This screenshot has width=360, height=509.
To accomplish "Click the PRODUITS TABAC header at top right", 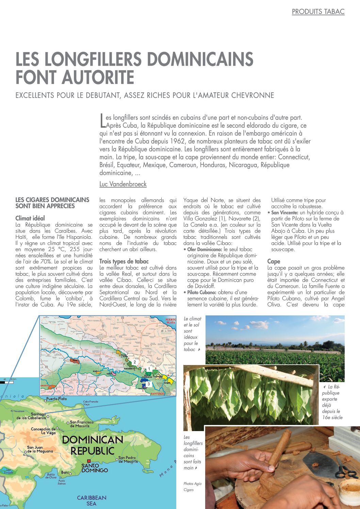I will pos(318,12).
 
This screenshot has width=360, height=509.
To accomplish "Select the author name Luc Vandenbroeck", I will pos(123,184).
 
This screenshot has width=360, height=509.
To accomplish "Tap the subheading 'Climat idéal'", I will pos(30,218).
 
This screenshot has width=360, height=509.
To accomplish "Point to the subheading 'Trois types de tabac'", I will pos(124,261).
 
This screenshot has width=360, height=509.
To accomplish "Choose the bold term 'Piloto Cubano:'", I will pos(202,292).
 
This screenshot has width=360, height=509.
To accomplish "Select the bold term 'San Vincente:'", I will pos(284,213).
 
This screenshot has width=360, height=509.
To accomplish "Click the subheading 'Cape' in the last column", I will pos(274,261).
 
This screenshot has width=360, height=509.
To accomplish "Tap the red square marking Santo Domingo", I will pos(89,461).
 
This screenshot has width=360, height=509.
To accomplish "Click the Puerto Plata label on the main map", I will pos(56,398).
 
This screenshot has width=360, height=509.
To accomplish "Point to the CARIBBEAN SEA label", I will pos(92,500).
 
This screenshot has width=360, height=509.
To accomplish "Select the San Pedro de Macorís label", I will pos(128,459).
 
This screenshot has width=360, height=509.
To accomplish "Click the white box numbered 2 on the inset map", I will pos(134,362).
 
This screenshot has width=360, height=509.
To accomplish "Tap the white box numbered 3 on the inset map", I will pos(148,384).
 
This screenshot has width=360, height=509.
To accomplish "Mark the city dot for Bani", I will pos(70,473).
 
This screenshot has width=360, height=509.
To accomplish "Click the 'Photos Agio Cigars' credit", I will pos(192,487).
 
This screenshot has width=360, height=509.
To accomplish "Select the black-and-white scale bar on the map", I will pos(7,382).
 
